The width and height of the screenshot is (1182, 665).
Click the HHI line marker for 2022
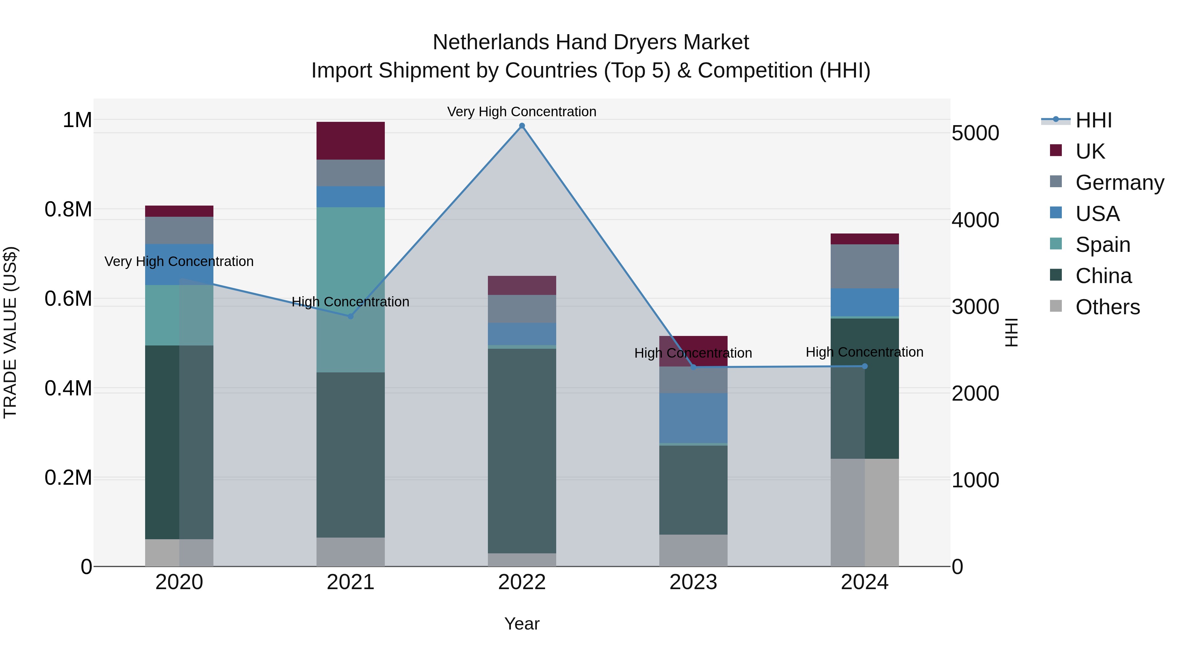point(522,126)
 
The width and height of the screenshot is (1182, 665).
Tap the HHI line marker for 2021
point(351,316)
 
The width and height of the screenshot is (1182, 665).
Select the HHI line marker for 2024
point(865,366)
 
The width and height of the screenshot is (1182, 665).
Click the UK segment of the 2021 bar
point(351,141)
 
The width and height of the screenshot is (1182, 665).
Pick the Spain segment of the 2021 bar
point(351,289)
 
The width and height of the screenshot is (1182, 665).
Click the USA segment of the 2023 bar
point(693,418)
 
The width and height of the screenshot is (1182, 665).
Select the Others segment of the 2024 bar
point(865,512)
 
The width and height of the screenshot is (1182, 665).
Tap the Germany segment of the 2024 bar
point(865,266)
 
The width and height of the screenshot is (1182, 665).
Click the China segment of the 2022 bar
point(522,450)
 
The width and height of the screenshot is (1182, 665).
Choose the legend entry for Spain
point(1102,245)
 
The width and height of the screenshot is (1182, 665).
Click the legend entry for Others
point(1107,307)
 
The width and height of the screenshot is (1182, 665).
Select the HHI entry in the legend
point(1093,120)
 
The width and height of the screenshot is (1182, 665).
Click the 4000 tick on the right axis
point(975,220)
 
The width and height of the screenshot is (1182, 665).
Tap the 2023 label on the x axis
point(693,582)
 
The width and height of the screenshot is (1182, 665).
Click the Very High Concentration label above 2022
point(522,112)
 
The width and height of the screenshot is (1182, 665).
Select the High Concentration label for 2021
point(351,301)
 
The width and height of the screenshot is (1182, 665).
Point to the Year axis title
point(522,624)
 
